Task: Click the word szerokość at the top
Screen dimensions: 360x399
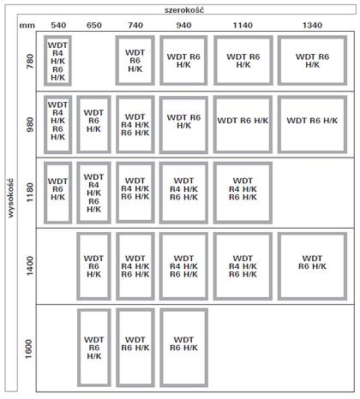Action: point(184,10)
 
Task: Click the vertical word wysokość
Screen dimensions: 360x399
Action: point(10,198)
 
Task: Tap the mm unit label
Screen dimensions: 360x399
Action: point(27,26)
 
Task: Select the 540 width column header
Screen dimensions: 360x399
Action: point(58,26)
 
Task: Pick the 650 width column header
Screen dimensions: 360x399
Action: point(94,26)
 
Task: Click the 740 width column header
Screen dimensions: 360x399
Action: point(135,26)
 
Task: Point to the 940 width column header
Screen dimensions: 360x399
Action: point(183,26)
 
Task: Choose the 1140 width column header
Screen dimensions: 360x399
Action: point(243,26)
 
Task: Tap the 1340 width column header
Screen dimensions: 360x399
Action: point(312,26)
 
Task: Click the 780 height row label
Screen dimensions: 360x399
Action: point(30,62)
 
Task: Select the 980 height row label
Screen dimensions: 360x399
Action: point(30,124)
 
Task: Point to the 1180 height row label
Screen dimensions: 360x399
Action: point(30,193)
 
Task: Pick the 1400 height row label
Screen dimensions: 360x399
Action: point(30,266)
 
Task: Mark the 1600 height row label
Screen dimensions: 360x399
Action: point(30,348)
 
